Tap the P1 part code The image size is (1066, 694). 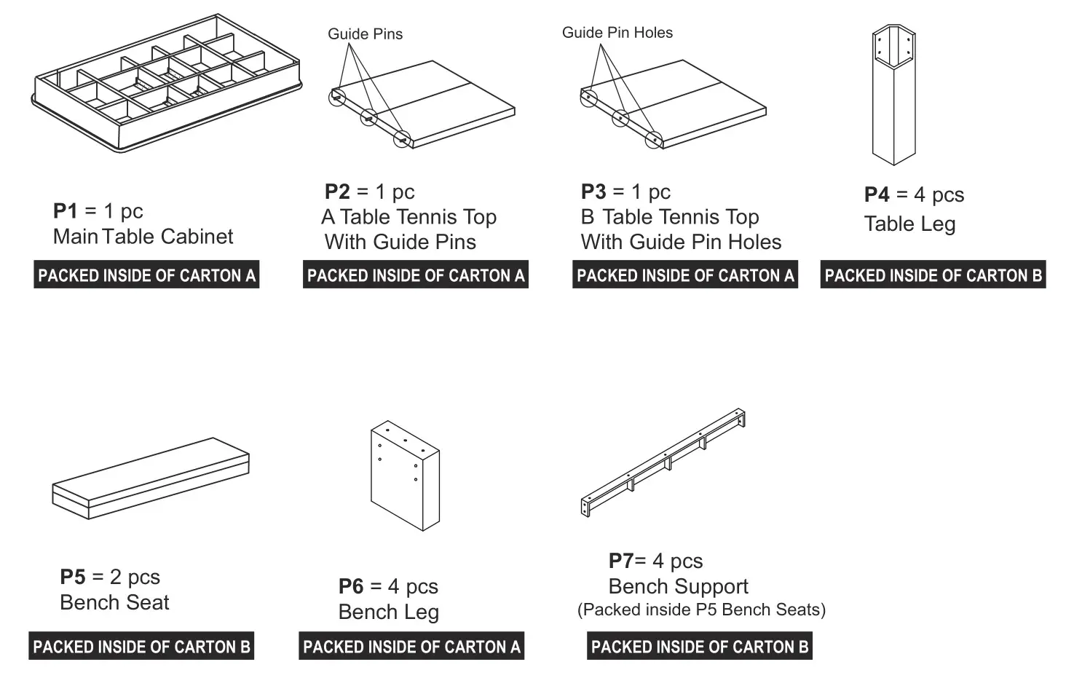point(65,211)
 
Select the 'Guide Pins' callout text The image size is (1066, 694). point(365,34)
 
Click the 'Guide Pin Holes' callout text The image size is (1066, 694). point(617,33)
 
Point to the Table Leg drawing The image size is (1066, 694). point(893,95)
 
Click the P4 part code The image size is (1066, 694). point(877,195)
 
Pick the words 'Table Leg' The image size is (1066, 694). point(909,224)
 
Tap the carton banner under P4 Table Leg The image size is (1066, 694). point(933,275)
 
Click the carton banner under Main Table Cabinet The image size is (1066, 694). point(146,275)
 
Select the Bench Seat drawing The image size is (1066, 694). point(151,478)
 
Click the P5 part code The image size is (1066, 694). point(72,577)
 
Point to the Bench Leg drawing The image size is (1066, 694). point(405,476)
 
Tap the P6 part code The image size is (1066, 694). point(351,587)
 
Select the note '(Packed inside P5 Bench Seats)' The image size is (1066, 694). point(701,610)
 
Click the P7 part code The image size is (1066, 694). point(620,561)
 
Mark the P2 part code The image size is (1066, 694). point(337,192)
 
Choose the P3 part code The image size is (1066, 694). point(593,192)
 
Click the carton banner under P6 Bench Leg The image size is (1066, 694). point(411,647)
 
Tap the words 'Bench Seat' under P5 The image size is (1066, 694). point(114,603)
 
